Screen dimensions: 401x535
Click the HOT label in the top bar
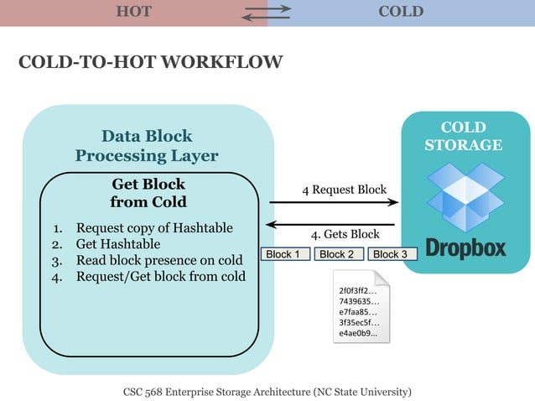pos(133,12)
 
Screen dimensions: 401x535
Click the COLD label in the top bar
pos(401,12)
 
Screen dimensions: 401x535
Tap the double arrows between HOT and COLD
pos(267,12)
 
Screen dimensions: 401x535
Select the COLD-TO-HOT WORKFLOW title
pos(150,63)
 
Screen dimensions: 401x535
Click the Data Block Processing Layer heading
pos(147,145)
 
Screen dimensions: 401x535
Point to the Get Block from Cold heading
pos(148,192)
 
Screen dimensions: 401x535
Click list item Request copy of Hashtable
pos(153,228)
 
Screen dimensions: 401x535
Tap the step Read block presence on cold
pos(158,260)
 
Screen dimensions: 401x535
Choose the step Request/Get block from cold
pos(160,276)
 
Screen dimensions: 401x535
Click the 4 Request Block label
pos(344,190)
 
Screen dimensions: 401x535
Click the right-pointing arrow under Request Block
pos(333,202)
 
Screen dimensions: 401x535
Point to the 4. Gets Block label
pos(345,234)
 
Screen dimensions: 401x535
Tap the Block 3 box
pos(390,254)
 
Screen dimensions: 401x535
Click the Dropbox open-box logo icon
pos(465,199)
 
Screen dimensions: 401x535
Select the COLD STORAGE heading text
pos(464,136)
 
